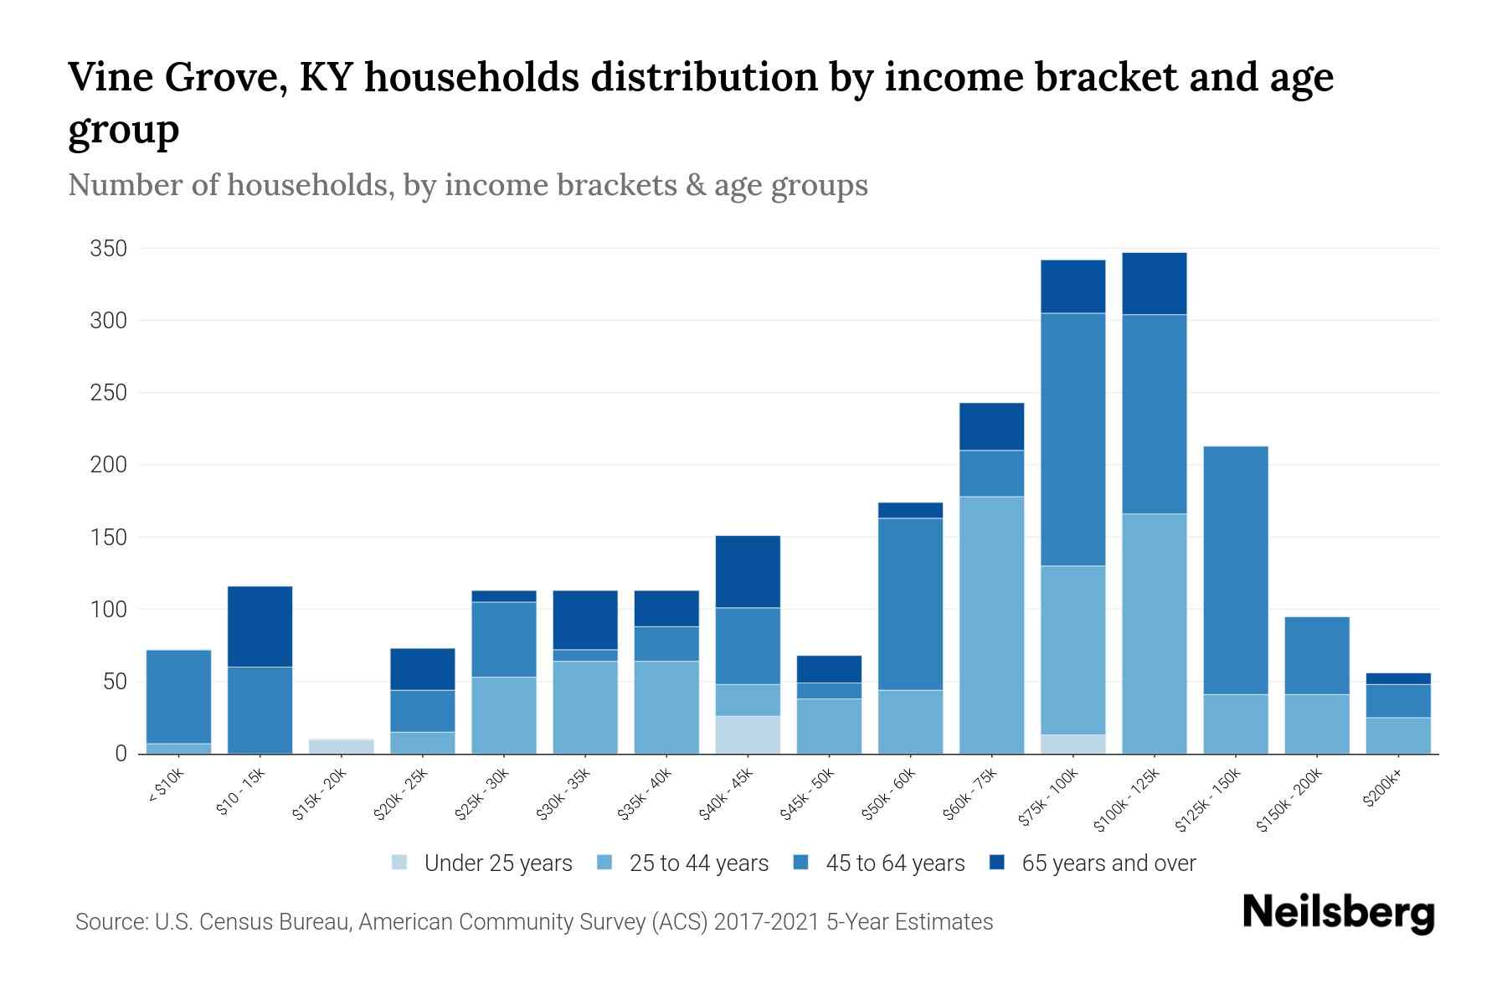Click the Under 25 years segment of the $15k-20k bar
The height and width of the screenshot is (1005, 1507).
pos(342,745)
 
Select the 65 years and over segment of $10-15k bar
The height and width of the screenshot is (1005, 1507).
pos(260,626)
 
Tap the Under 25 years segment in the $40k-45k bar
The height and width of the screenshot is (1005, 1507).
pos(748,734)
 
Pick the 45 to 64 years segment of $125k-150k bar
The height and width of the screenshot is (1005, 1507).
pos(1236,569)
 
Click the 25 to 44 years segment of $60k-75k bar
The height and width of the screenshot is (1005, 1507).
pos(991,624)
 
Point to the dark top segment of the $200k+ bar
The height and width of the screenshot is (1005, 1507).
pos(1398,678)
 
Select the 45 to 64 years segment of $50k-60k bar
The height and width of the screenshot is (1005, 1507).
pos(910,603)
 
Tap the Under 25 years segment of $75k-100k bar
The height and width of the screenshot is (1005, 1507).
pos(1072,744)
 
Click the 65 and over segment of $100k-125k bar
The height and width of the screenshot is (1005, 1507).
pos(1155,283)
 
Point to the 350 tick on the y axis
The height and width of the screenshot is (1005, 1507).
pos(109,249)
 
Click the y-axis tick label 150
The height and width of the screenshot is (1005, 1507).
pos(109,537)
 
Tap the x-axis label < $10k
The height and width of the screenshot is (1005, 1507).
pos(167,788)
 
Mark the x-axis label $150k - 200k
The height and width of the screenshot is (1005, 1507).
pos(1290,800)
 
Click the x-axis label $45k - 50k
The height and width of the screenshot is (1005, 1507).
pos(807,794)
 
